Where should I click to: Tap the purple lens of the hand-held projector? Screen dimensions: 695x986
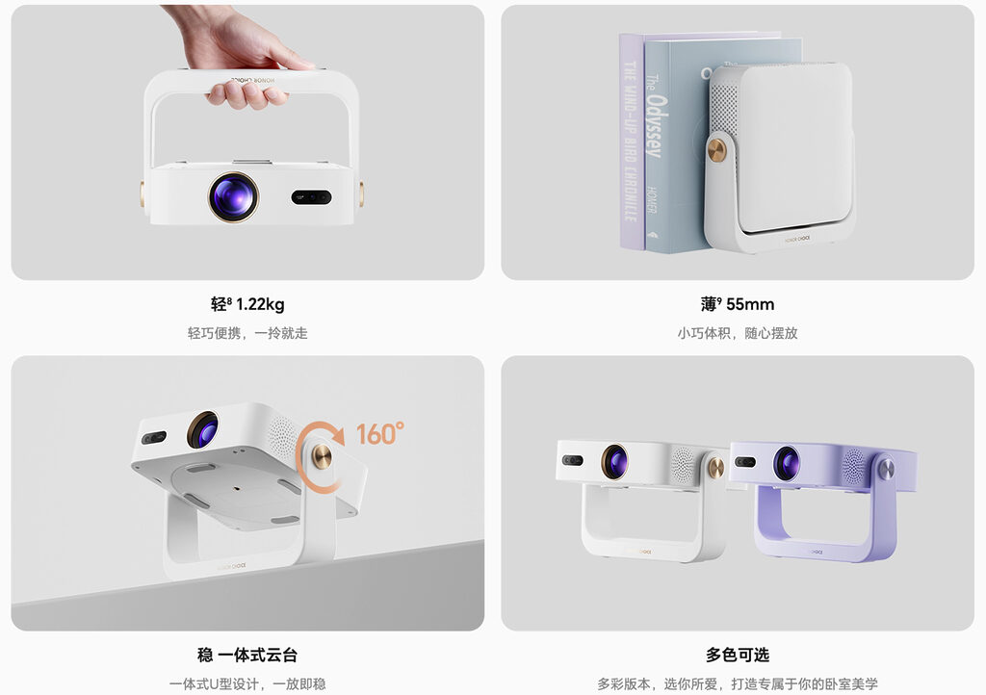coord(233,196)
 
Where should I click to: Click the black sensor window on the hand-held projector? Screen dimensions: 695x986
coord(311,196)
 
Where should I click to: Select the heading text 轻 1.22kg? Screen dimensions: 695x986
coord(247,305)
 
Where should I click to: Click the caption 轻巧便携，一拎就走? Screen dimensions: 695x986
coord(247,333)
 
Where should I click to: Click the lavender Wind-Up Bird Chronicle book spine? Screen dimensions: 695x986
coord(631,144)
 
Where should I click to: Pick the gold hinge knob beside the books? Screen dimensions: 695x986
coord(717,150)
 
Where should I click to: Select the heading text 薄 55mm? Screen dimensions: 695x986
coord(738,305)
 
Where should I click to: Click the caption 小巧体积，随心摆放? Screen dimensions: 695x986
coord(738,333)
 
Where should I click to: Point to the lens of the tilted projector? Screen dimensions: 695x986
coord(202,429)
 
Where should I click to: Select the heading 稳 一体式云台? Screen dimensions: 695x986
coord(247,656)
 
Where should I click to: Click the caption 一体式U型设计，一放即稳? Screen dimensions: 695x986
coord(247,683)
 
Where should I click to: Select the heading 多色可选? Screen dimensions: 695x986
coord(738,656)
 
